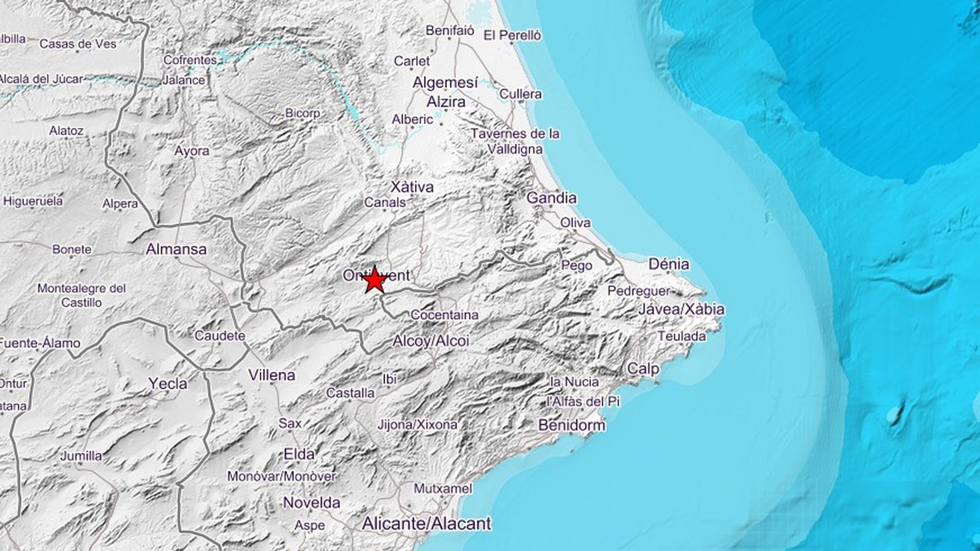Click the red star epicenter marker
374,280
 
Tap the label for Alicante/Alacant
426,523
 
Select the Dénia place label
668,264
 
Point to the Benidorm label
571,425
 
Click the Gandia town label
551,198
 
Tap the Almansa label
176,249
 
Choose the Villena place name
271,375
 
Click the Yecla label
168,384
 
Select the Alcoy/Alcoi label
431,340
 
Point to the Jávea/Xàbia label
680,309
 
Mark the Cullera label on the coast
521,94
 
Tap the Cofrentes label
190,60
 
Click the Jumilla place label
81,455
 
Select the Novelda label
311,503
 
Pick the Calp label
643,369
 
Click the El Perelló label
512,36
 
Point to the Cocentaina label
445,315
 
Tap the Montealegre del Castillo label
81,294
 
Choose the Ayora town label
192,151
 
